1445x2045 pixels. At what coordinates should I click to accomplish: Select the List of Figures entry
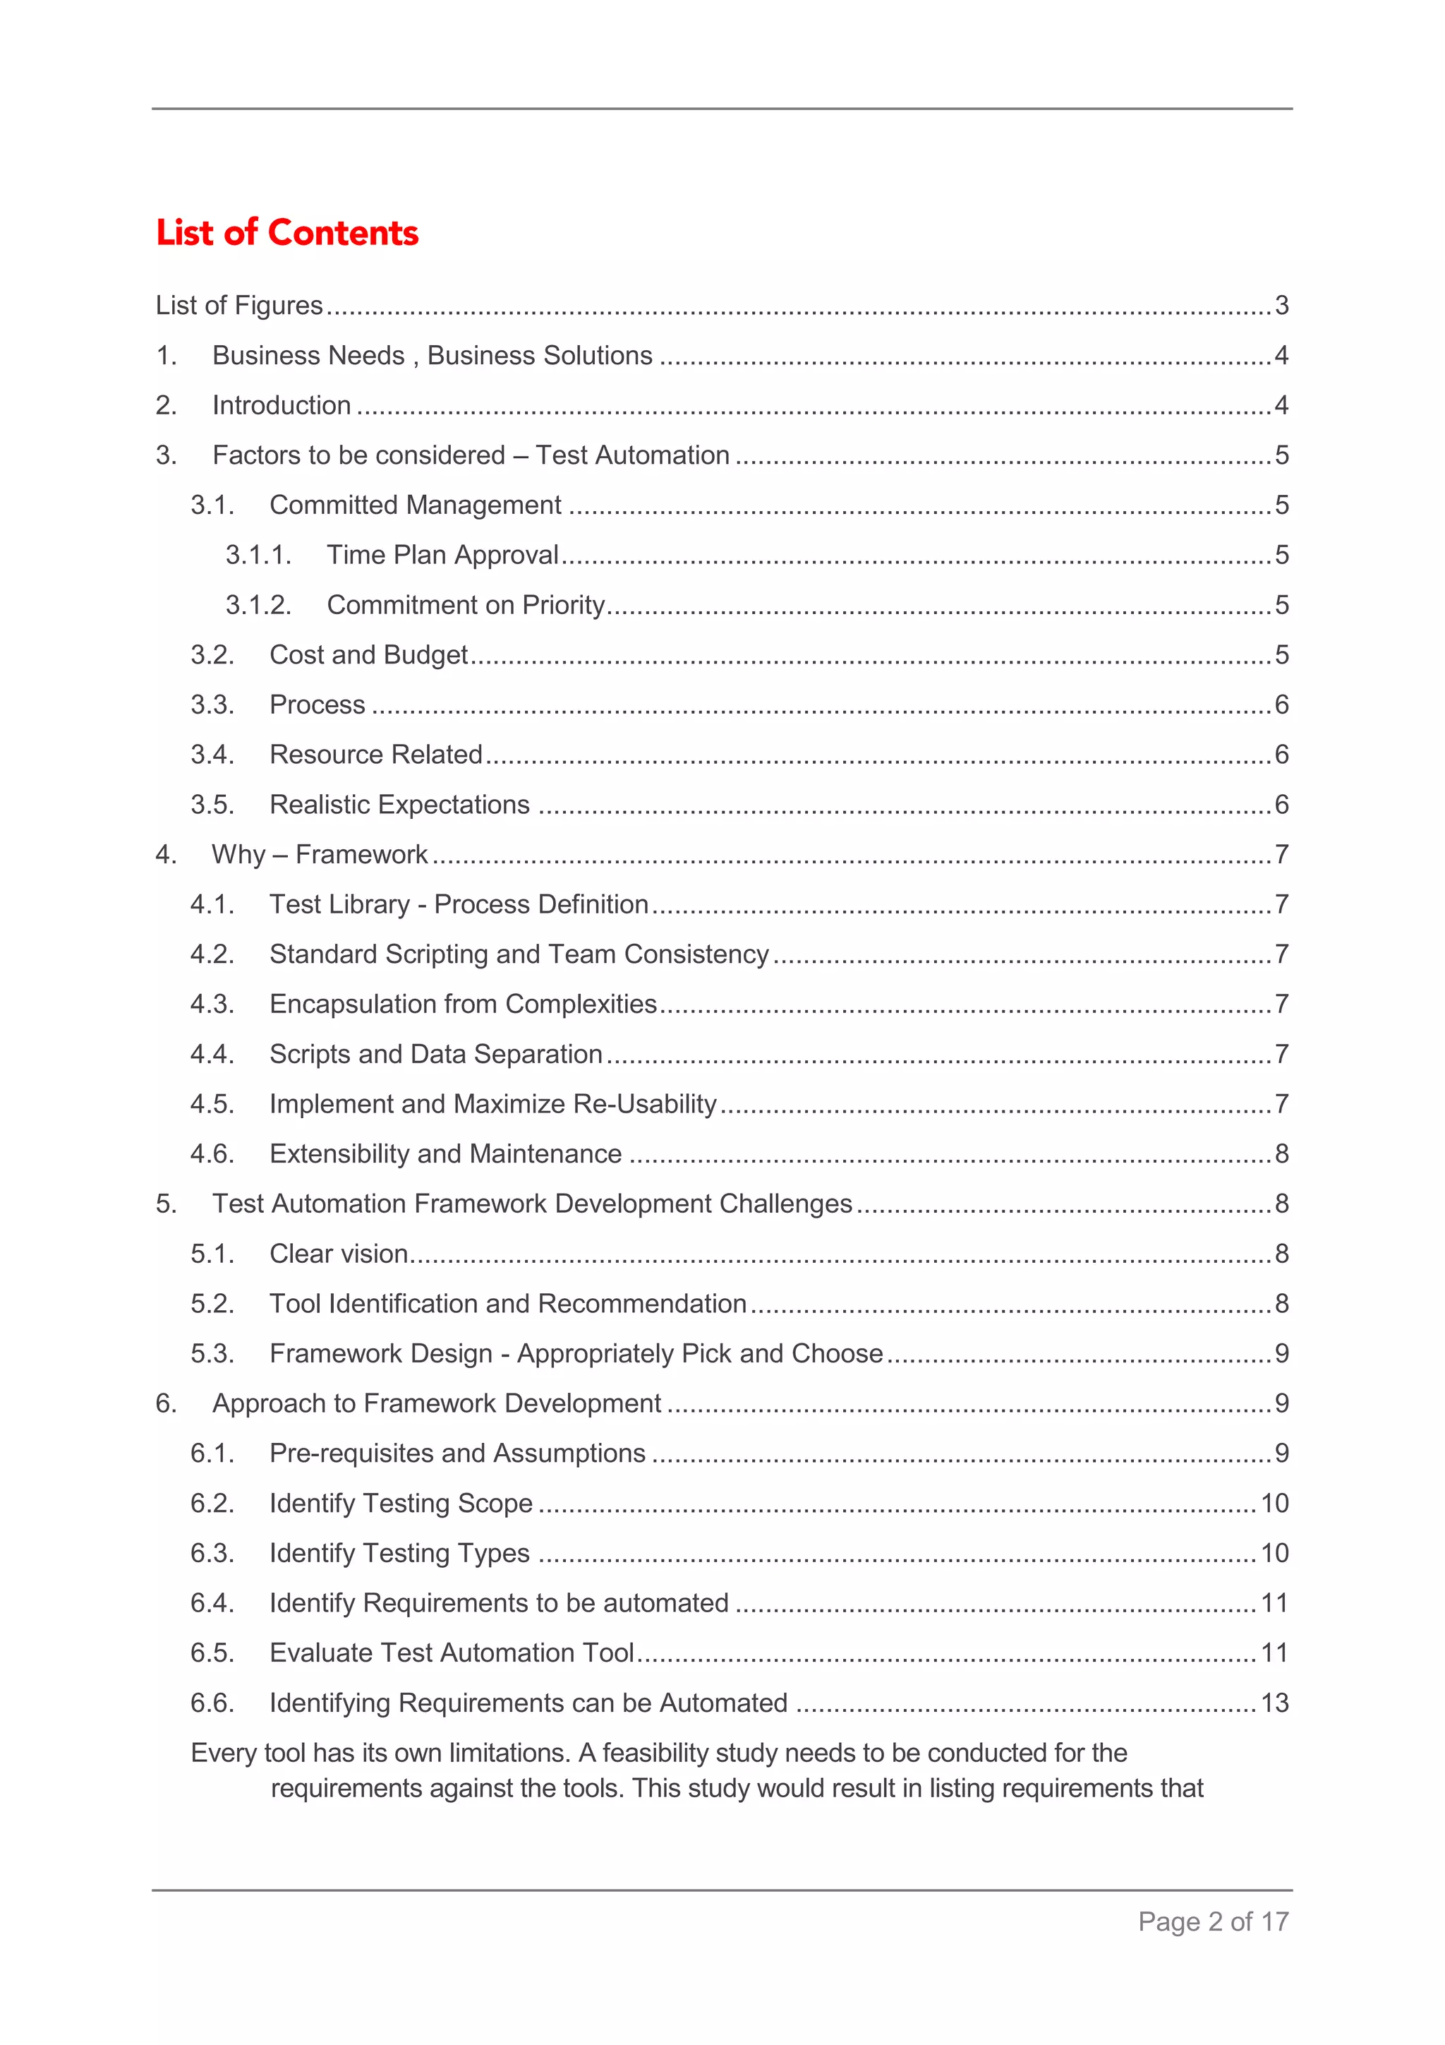(x=238, y=306)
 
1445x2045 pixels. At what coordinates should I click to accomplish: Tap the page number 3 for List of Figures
(x=1281, y=306)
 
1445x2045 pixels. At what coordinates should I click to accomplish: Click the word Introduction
(x=282, y=405)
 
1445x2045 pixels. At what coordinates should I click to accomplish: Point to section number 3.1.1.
(x=258, y=555)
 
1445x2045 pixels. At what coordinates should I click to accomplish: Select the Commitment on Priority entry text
(x=466, y=605)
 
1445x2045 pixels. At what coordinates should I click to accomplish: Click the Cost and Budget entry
(x=368, y=654)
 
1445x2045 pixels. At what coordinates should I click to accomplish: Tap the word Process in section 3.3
(x=317, y=704)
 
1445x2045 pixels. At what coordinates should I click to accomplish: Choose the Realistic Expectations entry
(x=400, y=804)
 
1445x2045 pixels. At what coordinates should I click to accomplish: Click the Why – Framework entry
(x=320, y=854)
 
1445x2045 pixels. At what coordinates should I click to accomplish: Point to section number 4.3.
(x=212, y=1004)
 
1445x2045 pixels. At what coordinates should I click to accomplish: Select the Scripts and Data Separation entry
(x=436, y=1054)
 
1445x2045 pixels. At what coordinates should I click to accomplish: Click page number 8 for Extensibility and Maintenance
(x=1281, y=1153)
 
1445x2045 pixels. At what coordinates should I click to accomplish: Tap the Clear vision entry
(x=339, y=1253)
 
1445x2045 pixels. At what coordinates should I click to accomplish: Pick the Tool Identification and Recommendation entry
(x=507, y=1303)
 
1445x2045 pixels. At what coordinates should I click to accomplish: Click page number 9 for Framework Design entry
(x=1281, y=1353)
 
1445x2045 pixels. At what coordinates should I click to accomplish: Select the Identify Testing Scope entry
(x=401, y=1503)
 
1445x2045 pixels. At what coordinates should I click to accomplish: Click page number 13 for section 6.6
(x=1274, y=1702)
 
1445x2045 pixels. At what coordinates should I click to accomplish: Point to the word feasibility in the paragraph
(x=655, y=1752)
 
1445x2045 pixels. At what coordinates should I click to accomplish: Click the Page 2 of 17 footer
(x=1213, y=1921)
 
